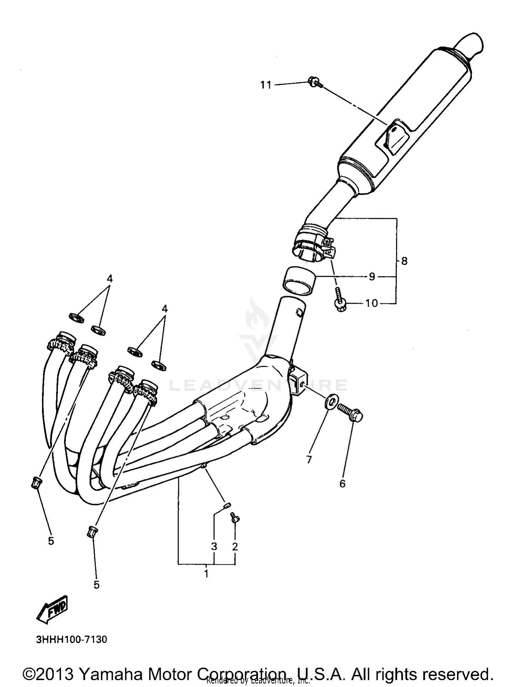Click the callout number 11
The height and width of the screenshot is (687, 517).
[266, 85]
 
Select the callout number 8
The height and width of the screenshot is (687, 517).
[404, 261]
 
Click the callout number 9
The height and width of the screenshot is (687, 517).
[372, 277]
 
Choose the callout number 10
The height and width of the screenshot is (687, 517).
[372, 303]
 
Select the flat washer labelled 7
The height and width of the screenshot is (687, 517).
[330, 403]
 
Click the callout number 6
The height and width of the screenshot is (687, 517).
[342, 484]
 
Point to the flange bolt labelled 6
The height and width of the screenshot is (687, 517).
[349, 412]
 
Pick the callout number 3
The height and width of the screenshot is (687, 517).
[214, 547]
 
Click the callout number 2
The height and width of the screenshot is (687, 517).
[235, 547]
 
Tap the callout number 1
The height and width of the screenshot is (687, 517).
[206, 574]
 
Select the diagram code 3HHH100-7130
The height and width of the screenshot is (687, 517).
[72, 640]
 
